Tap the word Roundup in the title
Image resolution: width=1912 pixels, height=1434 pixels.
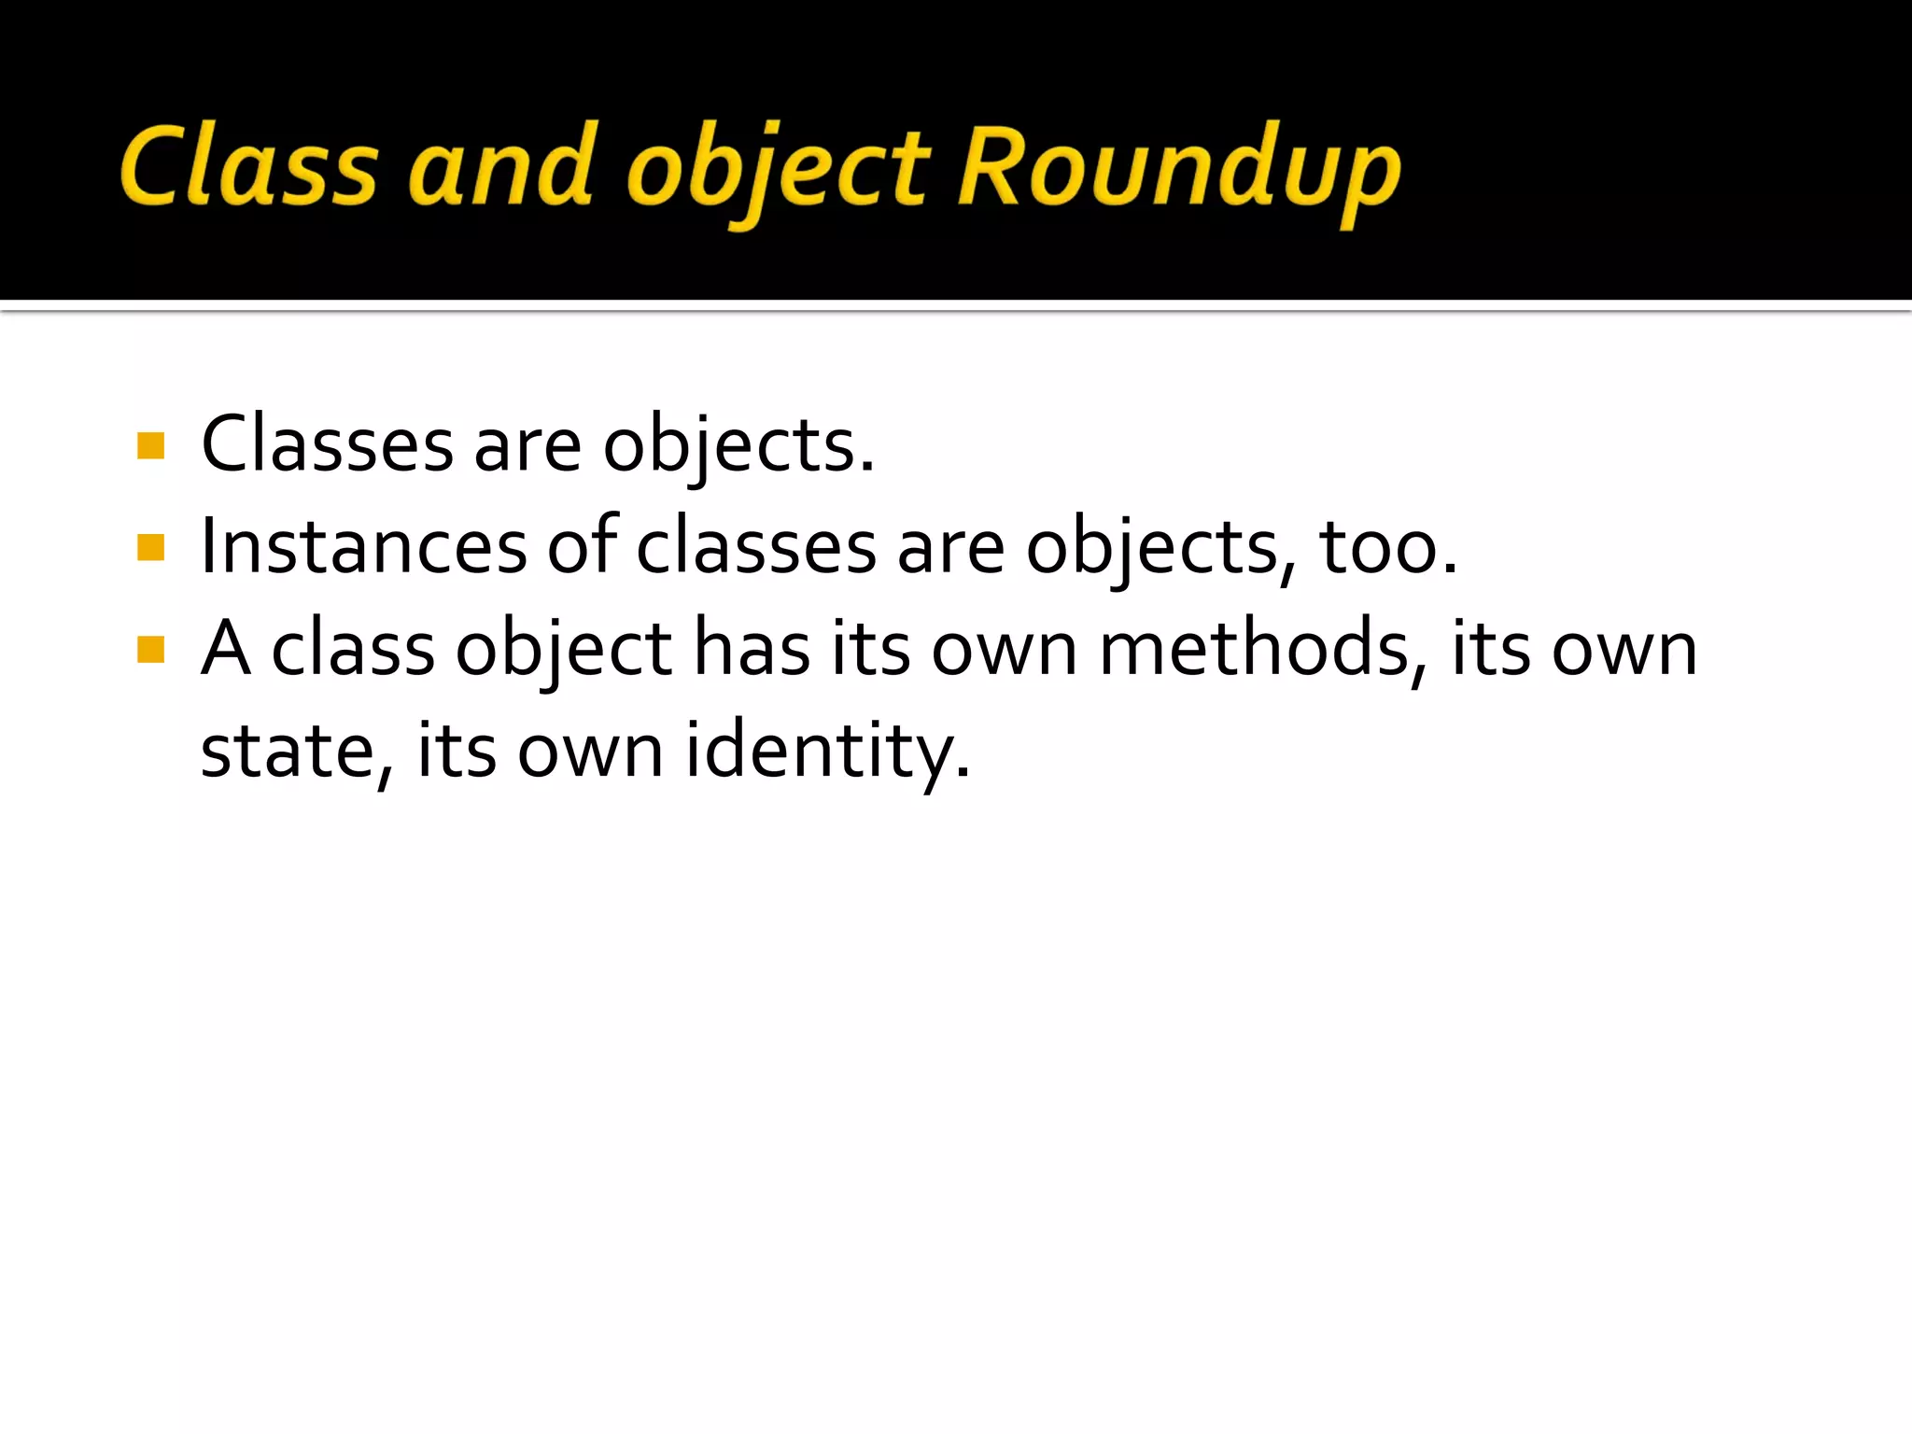point(1179,168)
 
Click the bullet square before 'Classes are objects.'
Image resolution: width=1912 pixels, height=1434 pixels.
point(150,445)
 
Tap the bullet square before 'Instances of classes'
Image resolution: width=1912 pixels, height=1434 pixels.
point(150,547)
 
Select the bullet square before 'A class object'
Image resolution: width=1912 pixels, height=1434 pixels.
point(150,649)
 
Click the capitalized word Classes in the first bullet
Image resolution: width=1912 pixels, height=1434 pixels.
point(327,444)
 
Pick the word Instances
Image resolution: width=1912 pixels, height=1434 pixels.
point(363,546)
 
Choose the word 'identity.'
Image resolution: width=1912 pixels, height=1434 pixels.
point(827,752)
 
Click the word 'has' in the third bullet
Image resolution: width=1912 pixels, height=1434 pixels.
point(752,649)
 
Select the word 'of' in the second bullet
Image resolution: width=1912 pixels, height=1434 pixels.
point(582,545)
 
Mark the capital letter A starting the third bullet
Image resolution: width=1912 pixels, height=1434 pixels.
point(226,648)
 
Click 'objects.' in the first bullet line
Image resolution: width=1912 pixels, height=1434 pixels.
point(738,446)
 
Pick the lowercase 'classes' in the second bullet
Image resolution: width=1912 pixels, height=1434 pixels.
point(756,546)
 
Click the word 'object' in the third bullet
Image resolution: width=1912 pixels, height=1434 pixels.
point(563,651)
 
